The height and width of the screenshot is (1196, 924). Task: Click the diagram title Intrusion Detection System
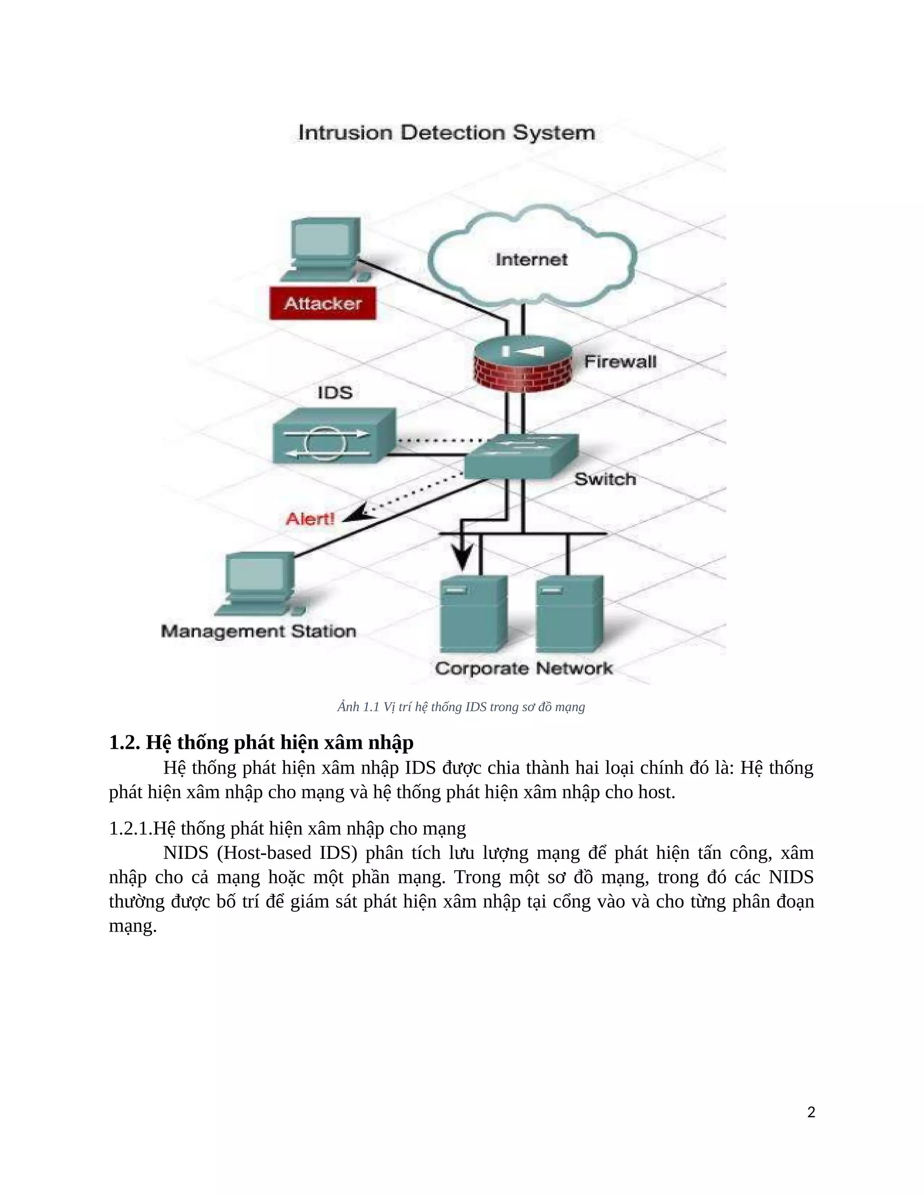446,133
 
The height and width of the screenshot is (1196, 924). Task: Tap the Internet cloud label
531,260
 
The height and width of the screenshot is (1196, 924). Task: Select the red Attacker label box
323,304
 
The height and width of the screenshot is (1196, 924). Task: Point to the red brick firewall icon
522,364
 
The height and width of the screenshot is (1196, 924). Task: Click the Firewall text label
620,362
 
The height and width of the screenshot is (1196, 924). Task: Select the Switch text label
605,480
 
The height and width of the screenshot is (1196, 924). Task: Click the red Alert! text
310,519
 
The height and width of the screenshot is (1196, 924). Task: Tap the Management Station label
259,631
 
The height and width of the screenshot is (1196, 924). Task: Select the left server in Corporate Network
473,613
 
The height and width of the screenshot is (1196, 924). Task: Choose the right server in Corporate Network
569,613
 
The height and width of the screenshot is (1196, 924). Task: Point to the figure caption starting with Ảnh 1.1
461,707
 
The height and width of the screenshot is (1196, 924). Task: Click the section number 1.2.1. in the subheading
130,829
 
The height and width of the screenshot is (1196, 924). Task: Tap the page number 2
811,1112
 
